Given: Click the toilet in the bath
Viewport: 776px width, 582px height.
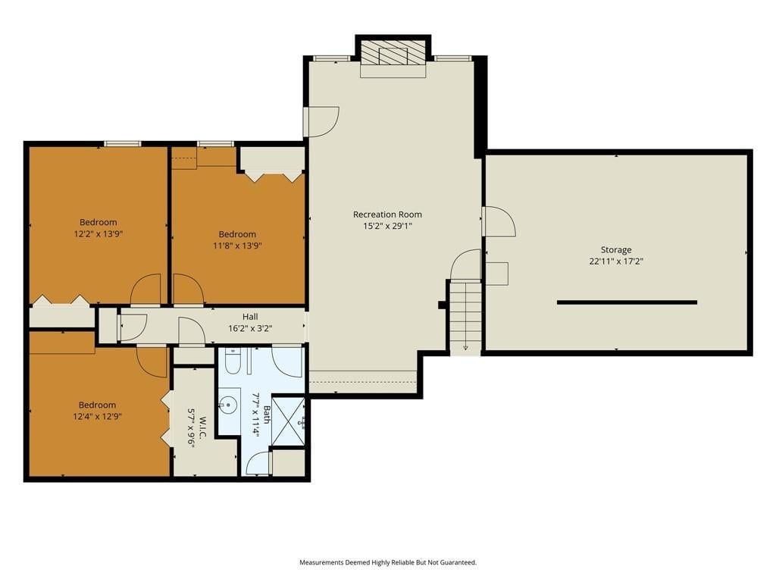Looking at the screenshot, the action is (x=233, y=361).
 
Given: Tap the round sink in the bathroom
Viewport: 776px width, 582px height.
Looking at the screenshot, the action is (x=228, y=405).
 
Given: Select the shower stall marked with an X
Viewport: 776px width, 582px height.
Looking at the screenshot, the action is (x=288, y=421).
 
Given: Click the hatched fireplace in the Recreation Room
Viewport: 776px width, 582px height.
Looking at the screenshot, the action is (x=393, y=52).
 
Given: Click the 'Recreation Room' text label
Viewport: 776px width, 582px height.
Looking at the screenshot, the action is (x=387, y=214).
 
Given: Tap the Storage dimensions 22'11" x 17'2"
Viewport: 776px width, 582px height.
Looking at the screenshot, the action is (x=616, y=261).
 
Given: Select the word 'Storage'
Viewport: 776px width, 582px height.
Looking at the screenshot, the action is (x=616, y=250).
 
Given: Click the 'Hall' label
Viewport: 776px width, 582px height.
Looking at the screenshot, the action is (x=250, y=317).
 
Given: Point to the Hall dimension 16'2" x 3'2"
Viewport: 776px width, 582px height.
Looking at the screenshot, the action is (x=250, y=328).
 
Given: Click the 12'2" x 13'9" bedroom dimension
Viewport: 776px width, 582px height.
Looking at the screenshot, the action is (x=98, y=233).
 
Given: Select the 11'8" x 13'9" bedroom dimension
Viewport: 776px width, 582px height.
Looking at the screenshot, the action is (x=237, y=246).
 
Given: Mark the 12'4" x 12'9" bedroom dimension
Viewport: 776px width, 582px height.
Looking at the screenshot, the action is (x=97, y=417).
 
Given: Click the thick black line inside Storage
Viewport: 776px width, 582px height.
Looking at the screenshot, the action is (x=627, y=302).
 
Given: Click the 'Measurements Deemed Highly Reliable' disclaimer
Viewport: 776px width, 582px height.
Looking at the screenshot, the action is (x=387, y=562).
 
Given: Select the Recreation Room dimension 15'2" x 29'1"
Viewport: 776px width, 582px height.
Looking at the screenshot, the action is (x=387, y=226).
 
